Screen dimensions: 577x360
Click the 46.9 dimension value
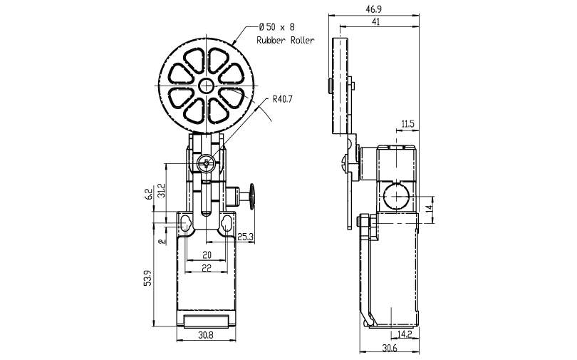pyautogui.click(x=373, y=10)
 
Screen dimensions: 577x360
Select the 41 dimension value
pyautogui.click(x=375, y=21)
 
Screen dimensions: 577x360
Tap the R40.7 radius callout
pyautogui.click(x=282, y=98)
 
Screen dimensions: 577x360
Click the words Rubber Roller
pyautogui.click(x=285, y=40)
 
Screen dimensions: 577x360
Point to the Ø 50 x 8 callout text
pyautogui.click(x=276, y=27)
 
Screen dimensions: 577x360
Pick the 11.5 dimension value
pyautogui.click(x=407, y=123)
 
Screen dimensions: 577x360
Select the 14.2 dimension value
pyautogui.click(x=405, y=334)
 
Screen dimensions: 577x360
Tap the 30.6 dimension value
pyautogui.click(x=390, y=348)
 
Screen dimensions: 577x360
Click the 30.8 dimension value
pyautogui.click(x=206, y=335)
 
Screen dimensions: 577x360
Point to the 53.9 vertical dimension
pyautogui.click(x=147, y=278)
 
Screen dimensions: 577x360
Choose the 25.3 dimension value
pyautogui.click(x=245, y=237)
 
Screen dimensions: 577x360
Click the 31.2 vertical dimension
pyautogui.click(x=161, y=190)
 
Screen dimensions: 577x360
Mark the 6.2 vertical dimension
pyautogui.click(x=148, y=194)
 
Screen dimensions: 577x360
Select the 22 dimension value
pyautogui.click(x=207, y=268)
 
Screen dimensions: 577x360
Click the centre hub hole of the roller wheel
pyautogui.click(x=206, y=86)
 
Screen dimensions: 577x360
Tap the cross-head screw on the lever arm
pyautogui.click(x=205, y=163)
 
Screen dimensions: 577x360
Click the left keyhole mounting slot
pyautogui.click(x=185, y=223)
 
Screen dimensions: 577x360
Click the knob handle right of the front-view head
pyautogui.click(x=252, y=196)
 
